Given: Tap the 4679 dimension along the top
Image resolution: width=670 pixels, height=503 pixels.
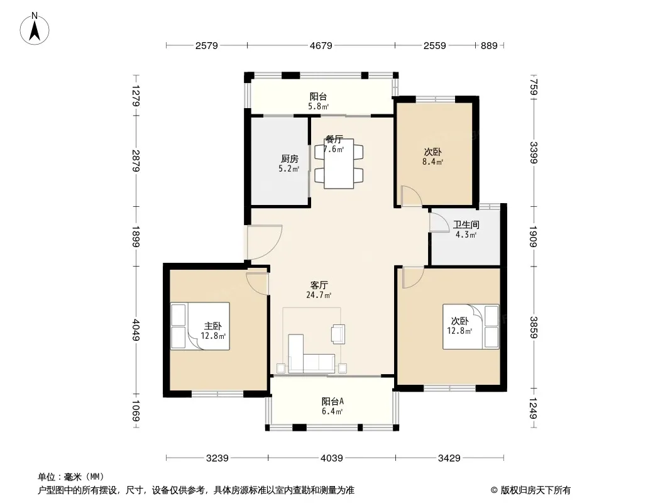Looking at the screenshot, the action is pyautogui.click(x=321, y=45).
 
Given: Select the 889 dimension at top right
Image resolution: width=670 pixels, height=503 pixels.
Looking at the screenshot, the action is pyautogui.click(x=489, y=45).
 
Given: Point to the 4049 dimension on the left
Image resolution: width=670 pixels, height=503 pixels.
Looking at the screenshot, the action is pyautogui.click(x=136, y=330).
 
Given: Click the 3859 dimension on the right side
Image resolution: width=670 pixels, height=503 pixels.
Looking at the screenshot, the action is pyautogui.click(x=533, y=328).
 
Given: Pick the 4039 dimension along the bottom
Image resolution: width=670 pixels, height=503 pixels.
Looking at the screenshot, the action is pyautogui.click(x=332, y=458).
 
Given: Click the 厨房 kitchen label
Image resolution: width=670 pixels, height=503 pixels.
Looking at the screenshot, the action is pyautogui.click(x=290, y=159).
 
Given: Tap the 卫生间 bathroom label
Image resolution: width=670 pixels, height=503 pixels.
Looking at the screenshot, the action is pyautogui.click(x=466, y=225).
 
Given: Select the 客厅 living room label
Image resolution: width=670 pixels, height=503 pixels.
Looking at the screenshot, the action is pyautogui.click(x=319, y=285).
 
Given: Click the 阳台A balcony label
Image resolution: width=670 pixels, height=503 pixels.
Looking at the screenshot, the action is pyautogui.click(x=332, y=402).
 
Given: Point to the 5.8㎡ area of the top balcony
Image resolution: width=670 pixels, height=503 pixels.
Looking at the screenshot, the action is pyautogui.click(x=319, y=106).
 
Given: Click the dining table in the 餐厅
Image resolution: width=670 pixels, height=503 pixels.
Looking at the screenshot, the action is pyautogui.click(x=339, y=163).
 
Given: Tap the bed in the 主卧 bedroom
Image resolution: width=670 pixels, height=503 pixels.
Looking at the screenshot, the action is pyautogui.click(x=200, y=326).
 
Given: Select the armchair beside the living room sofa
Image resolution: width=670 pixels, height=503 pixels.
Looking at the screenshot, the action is pyautogui.click(x=338, y=334).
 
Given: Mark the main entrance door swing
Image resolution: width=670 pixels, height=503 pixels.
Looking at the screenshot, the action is pyautogui.click(x=264, y=242).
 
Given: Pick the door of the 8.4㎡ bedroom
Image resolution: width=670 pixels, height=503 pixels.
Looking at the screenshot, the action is pyautogui.click(x=412, y=196).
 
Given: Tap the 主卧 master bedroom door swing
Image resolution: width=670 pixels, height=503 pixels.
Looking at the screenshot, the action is pyautogui.click(x=257, y=284).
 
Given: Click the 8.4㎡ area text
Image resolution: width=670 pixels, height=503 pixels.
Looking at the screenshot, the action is pyautogui.click(x=433, y=162).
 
